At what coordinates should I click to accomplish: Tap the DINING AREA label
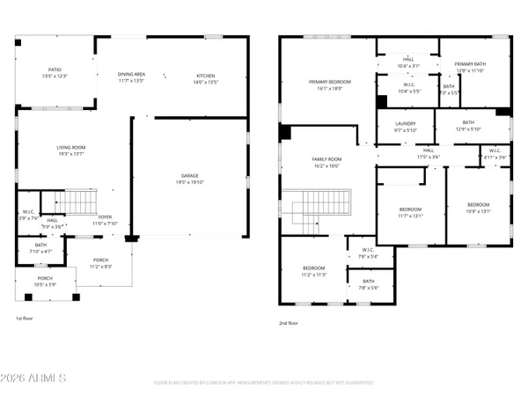pos(133,77)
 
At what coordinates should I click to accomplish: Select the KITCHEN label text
pos(205,77)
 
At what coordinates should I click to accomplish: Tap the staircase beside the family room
pos(324,211)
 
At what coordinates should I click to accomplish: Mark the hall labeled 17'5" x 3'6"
pos(428,153)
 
